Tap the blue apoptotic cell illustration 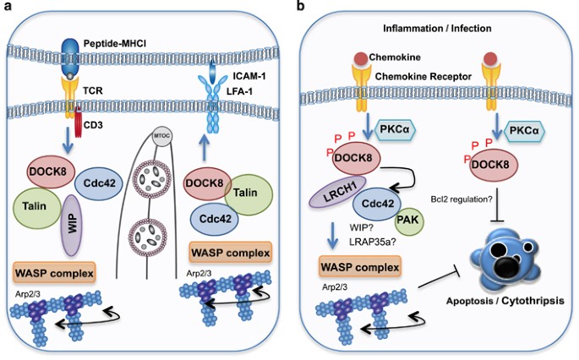[x=512, y=254]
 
